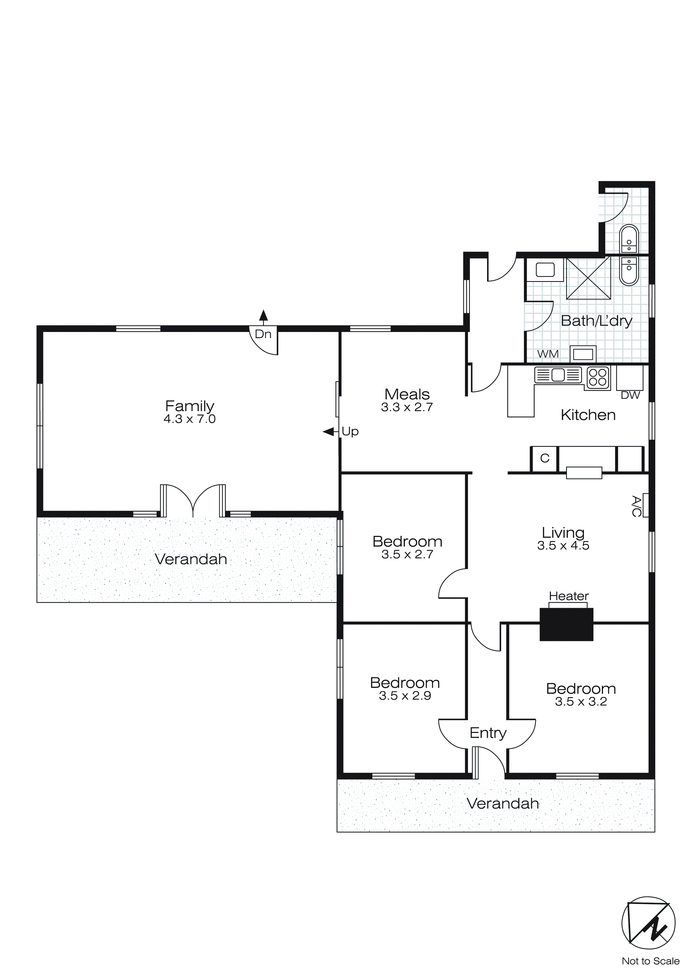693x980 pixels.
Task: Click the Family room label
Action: click(x=190, y=406)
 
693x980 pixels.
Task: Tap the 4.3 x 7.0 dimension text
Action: click(x=190, y=419)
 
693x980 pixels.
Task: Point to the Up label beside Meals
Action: click(x=350, y=432)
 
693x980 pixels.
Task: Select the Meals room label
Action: click(x=407, y=394)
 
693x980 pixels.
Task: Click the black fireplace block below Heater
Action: click(x=566, y=625)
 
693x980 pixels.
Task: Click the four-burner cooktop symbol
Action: click(x=598, y=377)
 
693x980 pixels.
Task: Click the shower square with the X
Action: click(x=588, y=278)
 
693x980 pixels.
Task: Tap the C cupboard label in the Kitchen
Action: click(x=545, y=458)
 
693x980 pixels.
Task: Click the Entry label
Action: click(x=488, y=733)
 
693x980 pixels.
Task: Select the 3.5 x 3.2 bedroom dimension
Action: click(x=581, y=702)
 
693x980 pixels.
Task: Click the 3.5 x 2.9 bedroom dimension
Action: click(x=405, y=696)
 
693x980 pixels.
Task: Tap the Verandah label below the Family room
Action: click(x=191, y=559)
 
